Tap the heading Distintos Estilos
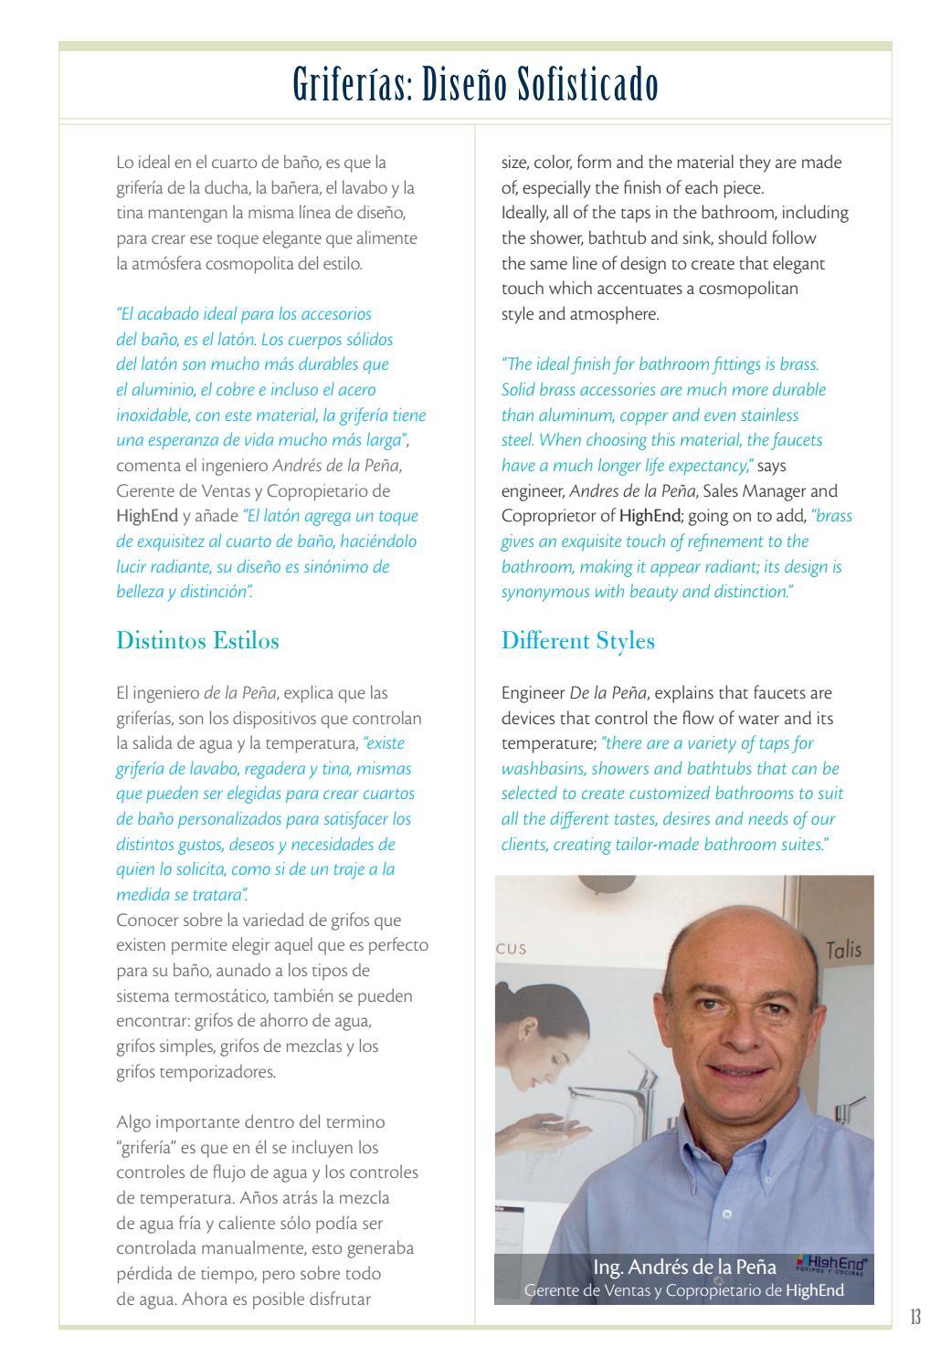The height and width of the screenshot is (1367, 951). click(x=197, y=640)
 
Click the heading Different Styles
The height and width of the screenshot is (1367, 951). click(x=577, y=640)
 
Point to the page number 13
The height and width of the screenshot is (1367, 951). click(x=914, y=1318)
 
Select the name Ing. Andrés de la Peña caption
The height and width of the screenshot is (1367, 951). click(x=684, y=1267)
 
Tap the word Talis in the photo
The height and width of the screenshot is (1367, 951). click(x=843, y=950)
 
